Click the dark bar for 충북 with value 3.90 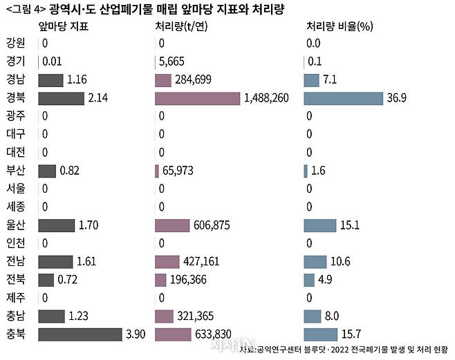(x=80, y=334)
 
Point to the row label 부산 (x=15, y=170)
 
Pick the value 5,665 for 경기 (x=172, y=61)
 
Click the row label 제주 (x=15, y=298)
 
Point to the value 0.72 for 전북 (x=68, y=280)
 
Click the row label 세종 (x=15, y=207)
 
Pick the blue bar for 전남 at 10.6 (x=315, y=261)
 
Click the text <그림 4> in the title (x=25, y=9)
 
